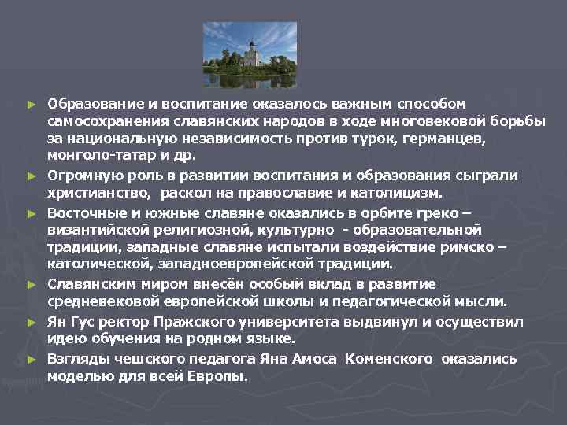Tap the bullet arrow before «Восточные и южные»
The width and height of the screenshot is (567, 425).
click(31, 213)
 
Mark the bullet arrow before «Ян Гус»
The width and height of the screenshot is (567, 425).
click(31, 322)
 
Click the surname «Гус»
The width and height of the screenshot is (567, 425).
click(81, 321)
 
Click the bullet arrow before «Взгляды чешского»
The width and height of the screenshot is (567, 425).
click(31, 359)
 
